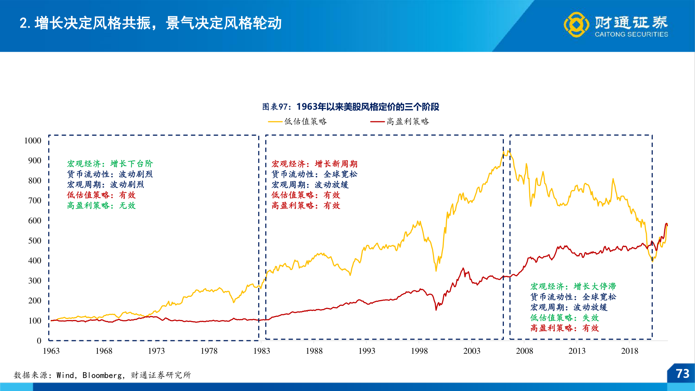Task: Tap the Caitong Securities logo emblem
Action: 576,25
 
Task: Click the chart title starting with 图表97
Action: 350,107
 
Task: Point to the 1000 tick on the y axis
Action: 33,140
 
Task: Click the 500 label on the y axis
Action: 35,241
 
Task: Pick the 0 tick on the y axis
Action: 39,341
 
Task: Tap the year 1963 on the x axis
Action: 51,351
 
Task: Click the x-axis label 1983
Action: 261,351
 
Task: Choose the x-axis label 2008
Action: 524,351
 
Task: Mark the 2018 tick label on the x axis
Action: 629,351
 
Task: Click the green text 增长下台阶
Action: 132,164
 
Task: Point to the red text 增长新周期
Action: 336,164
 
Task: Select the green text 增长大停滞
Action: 595,286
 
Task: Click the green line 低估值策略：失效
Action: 565,318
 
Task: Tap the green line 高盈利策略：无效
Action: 101,206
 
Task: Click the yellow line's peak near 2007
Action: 508,151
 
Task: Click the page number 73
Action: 682,374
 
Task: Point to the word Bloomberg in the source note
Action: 102,375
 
